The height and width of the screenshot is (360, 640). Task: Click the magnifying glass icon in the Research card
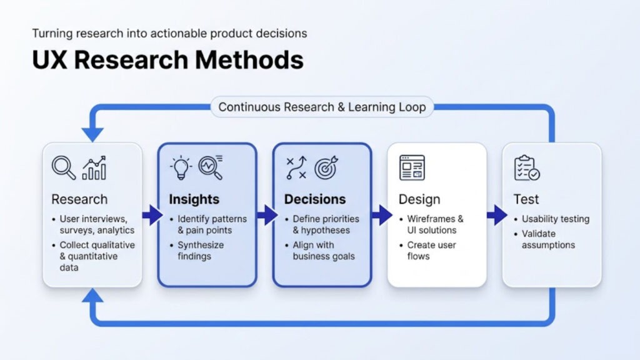point(64,167)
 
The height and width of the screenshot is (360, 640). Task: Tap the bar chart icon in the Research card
point(94,167)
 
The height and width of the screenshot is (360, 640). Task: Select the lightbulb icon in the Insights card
point(181,167)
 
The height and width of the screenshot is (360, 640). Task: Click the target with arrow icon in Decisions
point(326,167)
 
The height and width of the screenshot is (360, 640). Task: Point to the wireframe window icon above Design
point(412,167)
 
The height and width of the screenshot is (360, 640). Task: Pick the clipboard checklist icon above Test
point(527,167)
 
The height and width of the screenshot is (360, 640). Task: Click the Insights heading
point(194,199)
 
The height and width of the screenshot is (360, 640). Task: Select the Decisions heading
point(314,199)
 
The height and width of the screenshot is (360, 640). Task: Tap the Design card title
point(419,199)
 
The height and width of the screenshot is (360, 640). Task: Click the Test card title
point(526,199)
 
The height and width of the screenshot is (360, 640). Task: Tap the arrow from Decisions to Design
point(381,216)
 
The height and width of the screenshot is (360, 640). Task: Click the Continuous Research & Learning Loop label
point(322,107)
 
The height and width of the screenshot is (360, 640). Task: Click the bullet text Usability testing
point(556,219)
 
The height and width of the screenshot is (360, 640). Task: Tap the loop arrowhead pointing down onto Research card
point(92,133)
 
